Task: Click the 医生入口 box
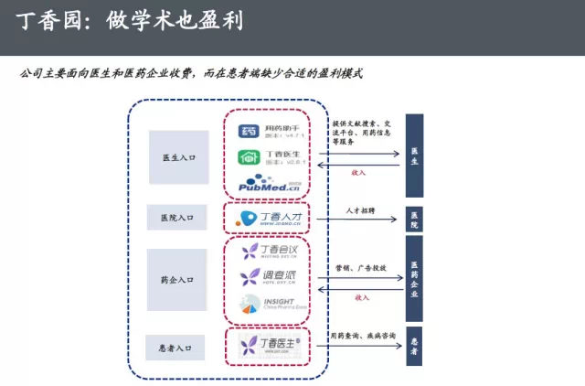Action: click(x=178, y=157)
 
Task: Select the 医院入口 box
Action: click(x=178, y=217)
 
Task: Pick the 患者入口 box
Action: click(x=178, y=348)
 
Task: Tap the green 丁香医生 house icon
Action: click(x=248, y=157)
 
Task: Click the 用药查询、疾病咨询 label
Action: click(x=363, y=336)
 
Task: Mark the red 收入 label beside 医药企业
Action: click(x=361, y=297)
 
